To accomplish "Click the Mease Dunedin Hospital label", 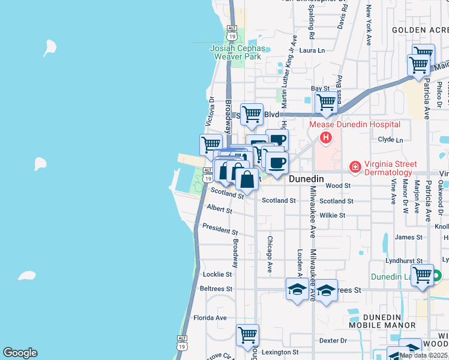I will pos(354,125).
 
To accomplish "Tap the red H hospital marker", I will pos(325,138).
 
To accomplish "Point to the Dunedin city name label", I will pos(306,179).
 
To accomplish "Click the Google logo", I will pos(20,353).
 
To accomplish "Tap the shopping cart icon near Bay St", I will pos(325,103).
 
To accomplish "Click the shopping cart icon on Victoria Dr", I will pos(210,144).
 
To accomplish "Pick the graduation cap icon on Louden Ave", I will pos(297,290).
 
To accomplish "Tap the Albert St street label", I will pos(219,209).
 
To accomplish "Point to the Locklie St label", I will pos(217,274).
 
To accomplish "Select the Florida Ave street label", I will pos(209,317).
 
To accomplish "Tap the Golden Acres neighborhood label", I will pos(420,29).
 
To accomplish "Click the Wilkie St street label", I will pos(333,215).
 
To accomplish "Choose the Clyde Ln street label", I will pos(390,139).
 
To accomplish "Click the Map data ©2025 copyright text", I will pos(424,355).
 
